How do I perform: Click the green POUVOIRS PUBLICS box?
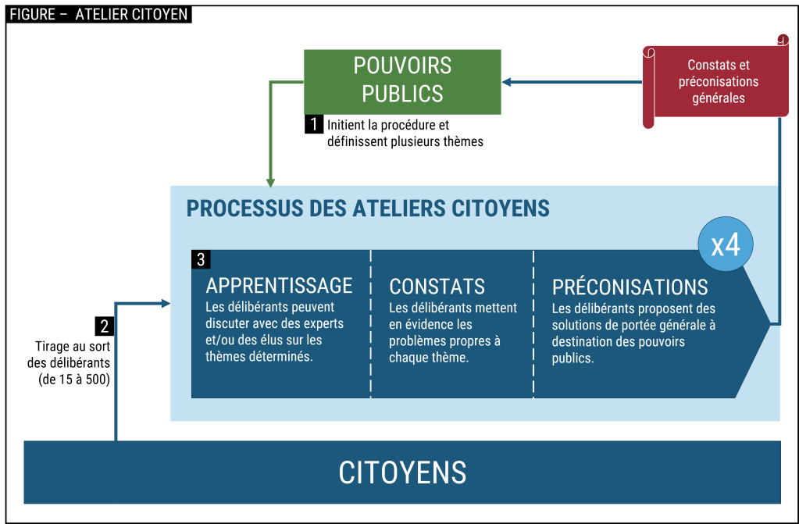click(402, 80)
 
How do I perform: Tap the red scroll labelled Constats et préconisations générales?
click(717, 82)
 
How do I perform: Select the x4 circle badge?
click(726, 244)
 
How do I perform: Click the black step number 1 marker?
click(312, 124)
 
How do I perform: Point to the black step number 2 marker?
click(104, 326)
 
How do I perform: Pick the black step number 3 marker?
click(201, 258)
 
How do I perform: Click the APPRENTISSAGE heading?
click(279, 286)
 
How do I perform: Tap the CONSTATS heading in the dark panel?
click(437, 287)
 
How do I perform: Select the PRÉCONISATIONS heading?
click(630, 286)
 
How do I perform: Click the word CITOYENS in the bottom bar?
click(402, 472)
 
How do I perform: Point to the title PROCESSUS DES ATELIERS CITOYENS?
click(368, 209)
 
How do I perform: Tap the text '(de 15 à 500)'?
click(73, 380)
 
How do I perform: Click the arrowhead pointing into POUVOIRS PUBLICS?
click(507, 81)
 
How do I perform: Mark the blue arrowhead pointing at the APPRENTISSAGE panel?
click(166, 303)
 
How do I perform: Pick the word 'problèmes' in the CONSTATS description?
click(418, 341)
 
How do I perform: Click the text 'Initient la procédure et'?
click(388, 125)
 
